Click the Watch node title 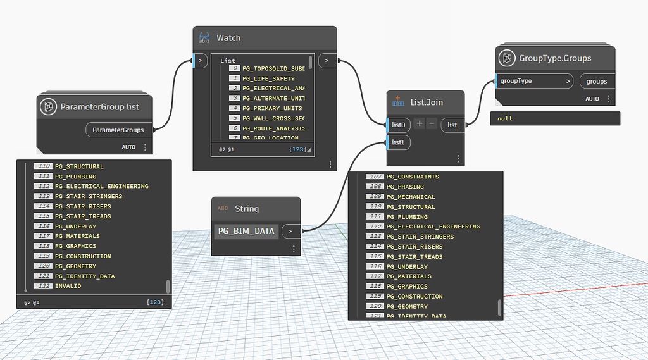point(228,38)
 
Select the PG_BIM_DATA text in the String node point(246,232)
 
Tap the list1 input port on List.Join point(398,143)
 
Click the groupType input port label point(516,81)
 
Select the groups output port point(596,81)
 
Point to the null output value point(505,118)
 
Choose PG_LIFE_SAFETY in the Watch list point(270,78)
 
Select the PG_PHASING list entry point(405,187)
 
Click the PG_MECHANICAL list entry point(411,197)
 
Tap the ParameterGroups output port point(118,130)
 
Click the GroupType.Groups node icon point(506,58)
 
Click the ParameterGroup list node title point(99,107)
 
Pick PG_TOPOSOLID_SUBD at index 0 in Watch point(273,68)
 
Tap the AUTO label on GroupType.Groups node point(592,99)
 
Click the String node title point(247,209)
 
